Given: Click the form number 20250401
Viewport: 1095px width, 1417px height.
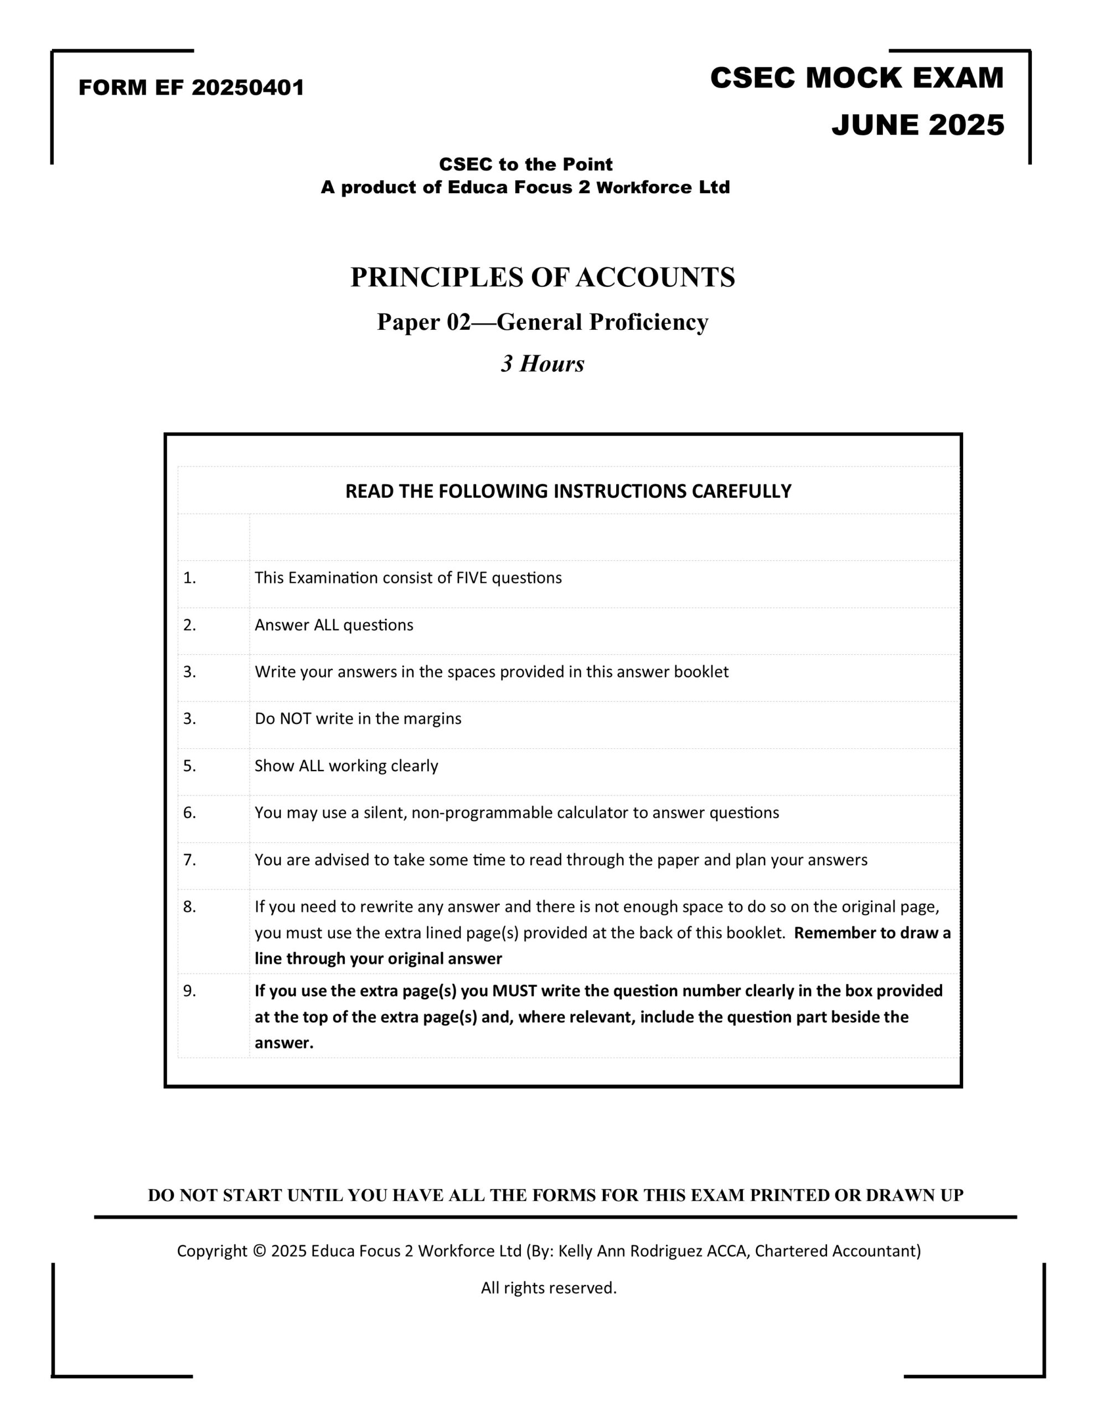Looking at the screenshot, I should click(x=247, y=87).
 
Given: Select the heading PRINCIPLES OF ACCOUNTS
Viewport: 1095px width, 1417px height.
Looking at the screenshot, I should click(x=543, y=277).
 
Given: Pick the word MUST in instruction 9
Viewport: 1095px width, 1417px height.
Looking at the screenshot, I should click(x=515, y=991).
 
